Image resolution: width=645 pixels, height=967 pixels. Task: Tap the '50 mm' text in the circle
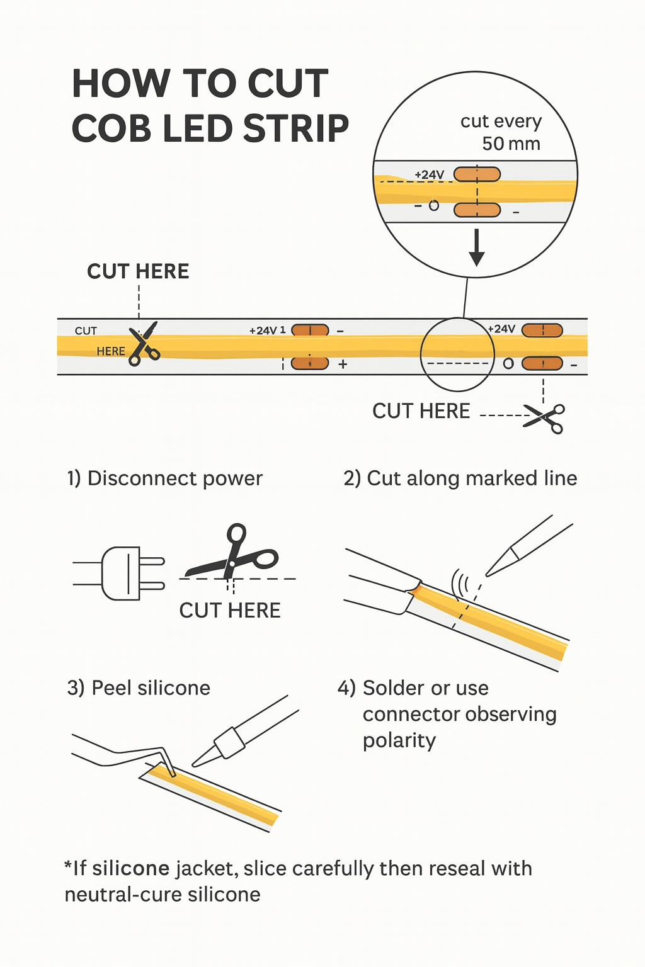pyautogui.click(x=511, y=144)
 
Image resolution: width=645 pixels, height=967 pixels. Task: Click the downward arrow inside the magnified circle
pyautogui.click(x=477, y=247)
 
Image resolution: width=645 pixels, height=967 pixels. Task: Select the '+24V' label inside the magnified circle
pyautogui.click(x=430, y=175)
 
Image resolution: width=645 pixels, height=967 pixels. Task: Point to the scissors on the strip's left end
pyautogui.click(x=144, y=344)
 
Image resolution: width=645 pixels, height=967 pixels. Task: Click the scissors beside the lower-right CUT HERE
pyautogui.click(x=545, y=418)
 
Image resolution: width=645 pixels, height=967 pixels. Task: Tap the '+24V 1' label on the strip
pyautogui.click(x=267, y=331)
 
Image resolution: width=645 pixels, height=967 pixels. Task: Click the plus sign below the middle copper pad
pyautogui.click(x=343, y=365)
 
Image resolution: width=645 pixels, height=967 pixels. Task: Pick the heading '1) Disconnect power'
pyautogui.click(x=165, y=478)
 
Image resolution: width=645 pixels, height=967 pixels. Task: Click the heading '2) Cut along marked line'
pyautogui.click(x=460, y=478)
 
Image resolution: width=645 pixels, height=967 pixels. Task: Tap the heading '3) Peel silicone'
pyautogui.click(x=139, y=688)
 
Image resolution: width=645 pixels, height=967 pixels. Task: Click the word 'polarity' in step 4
pyautogui.click(x=399, y=740)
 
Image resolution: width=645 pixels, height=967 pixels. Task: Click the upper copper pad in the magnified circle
pyautogui.click(x=477, y=174)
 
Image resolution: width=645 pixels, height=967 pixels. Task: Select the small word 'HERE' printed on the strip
pyautogui.click(x=111, y=351)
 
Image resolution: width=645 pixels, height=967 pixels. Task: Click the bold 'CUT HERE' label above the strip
pyautogui.click(x=138, y=271)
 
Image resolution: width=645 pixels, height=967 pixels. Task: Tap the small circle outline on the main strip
pyautogui.click(x=508, y=364)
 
